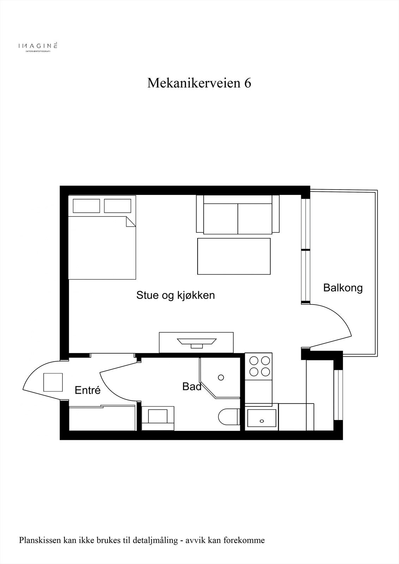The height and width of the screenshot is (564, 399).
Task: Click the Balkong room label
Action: (343, 288)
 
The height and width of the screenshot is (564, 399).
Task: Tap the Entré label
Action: (88, 390)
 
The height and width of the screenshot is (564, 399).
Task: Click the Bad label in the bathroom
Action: (192, 387)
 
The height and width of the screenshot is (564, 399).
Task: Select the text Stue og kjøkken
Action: (175, 295)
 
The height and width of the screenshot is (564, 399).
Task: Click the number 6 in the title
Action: (247, 83)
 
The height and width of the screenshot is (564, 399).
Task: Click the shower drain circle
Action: (221, 378)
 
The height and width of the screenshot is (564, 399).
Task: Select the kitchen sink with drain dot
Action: (261, 419)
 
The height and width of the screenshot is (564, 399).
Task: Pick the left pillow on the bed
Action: (86, 206)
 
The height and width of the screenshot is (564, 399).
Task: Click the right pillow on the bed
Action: (117, 206)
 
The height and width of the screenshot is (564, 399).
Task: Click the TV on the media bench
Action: (197, 342)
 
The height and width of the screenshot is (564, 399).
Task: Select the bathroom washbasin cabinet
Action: (158, 418)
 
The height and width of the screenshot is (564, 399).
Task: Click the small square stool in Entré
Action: (53, 382)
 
